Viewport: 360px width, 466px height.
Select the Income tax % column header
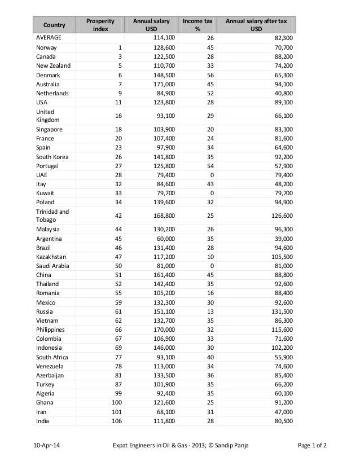tap(196, 24)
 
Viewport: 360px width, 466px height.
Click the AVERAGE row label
tap(49, 37)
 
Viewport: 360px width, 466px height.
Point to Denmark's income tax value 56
tap(209, 75)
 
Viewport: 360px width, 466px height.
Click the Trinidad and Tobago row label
tap(52, 214)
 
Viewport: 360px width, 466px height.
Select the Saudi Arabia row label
tap(54, 266)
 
